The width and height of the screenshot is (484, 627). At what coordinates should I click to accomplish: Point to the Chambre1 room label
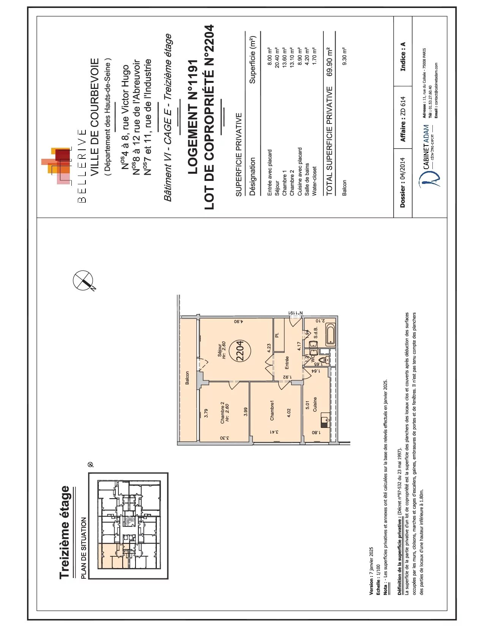pos(272,410)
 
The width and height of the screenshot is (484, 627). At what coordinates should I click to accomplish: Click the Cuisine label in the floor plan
pos(315,404)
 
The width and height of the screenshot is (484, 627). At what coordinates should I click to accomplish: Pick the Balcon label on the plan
pos(187,378)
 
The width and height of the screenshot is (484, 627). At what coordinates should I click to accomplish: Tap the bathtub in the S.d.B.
pos(330,336)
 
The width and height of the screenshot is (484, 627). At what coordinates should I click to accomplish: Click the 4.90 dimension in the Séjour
pos(236,322)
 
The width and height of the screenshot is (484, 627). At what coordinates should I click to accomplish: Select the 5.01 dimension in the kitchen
pos(307,405)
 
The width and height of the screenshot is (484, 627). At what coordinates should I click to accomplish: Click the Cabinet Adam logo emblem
pos(430,178)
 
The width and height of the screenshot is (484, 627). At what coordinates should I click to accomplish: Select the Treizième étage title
pos(65,532)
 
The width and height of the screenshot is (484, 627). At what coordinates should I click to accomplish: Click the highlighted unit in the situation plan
pos(110,556)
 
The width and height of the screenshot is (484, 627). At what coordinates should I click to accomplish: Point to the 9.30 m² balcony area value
pos(344,56)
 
